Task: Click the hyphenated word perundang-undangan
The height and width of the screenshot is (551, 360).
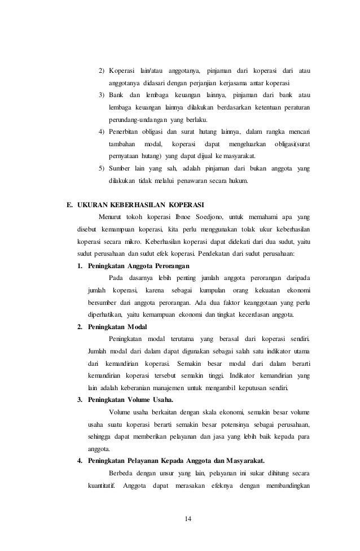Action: pyautogui.click(x=144, y=120)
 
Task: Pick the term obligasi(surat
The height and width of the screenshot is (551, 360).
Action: pyautogui.click(x=292, y=144)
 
